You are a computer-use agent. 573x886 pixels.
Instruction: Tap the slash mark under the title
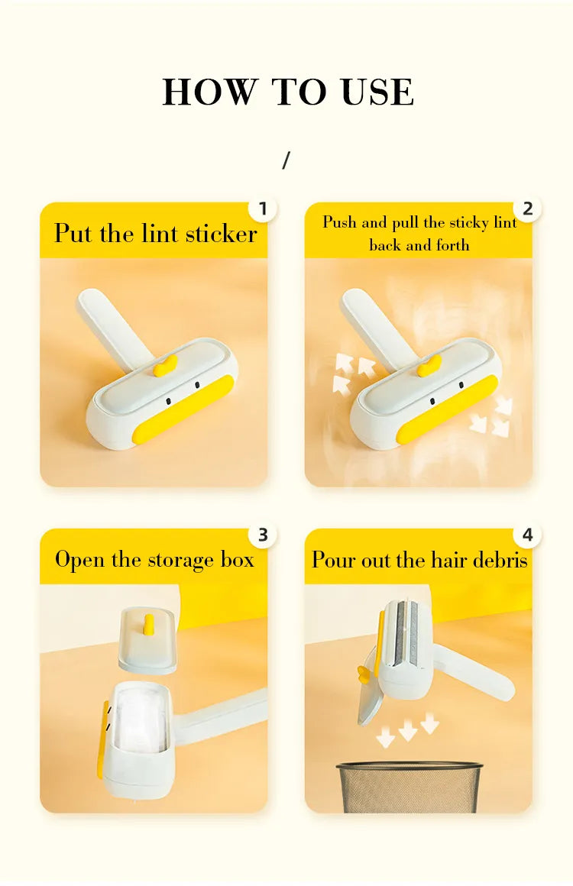[x=286, y=160]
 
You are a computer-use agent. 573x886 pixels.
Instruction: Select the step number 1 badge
[x=263, y=209]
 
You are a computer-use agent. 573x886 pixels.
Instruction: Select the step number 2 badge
[x=528, y=209]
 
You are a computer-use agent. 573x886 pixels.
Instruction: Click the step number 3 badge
[x=263, y=535]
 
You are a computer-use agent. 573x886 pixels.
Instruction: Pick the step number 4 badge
[x=528, y=535]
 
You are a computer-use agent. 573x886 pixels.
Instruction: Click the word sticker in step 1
[x=222, y=234]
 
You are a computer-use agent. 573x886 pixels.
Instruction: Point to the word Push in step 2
[x=340, y=222]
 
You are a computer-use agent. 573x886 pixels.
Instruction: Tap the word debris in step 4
[x=500, y=560]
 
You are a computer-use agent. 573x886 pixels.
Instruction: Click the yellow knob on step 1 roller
[x=166, y=366]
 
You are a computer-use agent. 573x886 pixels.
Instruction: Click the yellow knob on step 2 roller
[x=429, y=366]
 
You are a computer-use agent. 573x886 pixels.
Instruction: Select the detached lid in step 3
[x=147, y=640]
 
